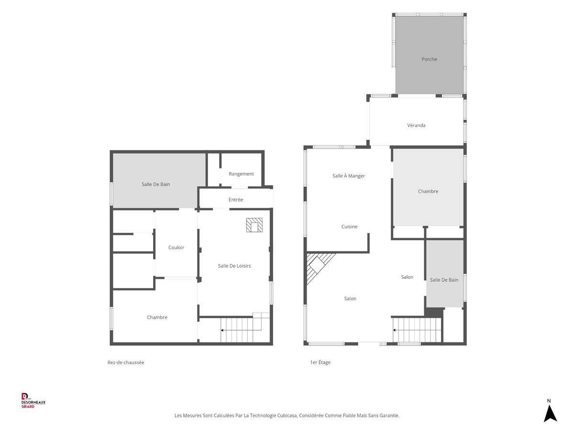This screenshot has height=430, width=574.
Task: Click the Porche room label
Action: pyautogui.click(x=429, y=59)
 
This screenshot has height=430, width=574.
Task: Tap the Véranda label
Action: pyautogui.click(x=416, y=125)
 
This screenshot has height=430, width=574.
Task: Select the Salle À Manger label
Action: pyautogui.click(x=348, y=176)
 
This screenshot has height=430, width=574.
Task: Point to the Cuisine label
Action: pyautogui.click(x=349, y=226)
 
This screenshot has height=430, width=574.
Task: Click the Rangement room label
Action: pyautogui.click(x=241, y=174)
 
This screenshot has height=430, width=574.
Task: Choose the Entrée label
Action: pyautogui.click(x=236, y=199)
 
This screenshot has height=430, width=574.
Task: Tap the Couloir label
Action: pyautogui.click(x=176, y=247)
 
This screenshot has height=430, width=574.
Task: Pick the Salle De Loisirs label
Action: pyautogui.click(x=234, y=266)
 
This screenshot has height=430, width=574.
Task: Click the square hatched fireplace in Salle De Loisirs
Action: pyautogui.click(x=254, y=225)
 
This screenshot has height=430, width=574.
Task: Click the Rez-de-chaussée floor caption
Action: pyautogui.click(x=125, y=362)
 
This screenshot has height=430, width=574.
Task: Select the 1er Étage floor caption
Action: pyautogui.click(x=320, y=362)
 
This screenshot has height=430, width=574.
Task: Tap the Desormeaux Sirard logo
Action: pyautogui.click(x=33, y=400)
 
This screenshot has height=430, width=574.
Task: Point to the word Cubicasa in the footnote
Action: pyautogui.click(x=287, y=415)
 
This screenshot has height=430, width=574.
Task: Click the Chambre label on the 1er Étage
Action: pyautogui.click(x=428, y=192)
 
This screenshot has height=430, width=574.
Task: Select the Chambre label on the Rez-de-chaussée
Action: pyautogui.click(x=157, y=317)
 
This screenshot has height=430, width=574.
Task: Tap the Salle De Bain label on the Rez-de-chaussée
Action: pyautogui.click(x=155, y=184)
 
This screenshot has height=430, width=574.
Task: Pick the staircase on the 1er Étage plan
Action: pyautogui.click(x=417, y=330)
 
